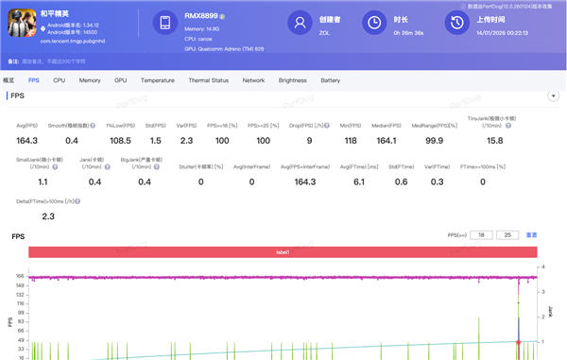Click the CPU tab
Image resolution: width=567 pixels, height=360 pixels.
[x=60, y=80]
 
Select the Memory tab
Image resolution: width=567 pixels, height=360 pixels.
[x=90, y=80]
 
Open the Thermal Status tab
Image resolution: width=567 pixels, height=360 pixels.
[x=208, y=80]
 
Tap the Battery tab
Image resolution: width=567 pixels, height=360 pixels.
[x=331, y=80]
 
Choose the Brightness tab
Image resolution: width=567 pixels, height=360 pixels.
[x=293, y=80]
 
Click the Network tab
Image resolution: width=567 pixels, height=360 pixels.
[x=253, y=80]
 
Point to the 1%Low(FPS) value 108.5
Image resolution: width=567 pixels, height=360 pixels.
[x=120, y=140]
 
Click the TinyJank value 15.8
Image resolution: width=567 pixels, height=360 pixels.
[x=494, y=140]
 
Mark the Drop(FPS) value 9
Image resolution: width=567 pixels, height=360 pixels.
[x=309, y=140]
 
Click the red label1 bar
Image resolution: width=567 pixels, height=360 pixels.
[x=283, y=252]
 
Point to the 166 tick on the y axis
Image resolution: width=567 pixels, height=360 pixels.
[x=20, y=277]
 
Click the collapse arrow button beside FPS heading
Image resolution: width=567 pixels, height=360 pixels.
[x=552, y=96]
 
